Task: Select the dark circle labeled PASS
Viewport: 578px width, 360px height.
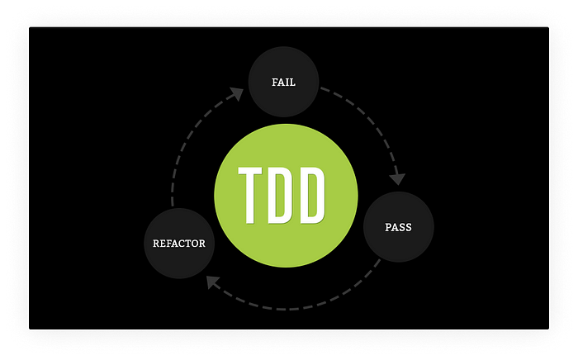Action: click(x=399, y=226)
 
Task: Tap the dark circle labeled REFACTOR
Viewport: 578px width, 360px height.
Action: click(x=179, y=244)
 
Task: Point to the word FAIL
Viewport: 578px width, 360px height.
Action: click(x=283, y=83)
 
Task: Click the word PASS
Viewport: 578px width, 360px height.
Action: click(x=399, y=226)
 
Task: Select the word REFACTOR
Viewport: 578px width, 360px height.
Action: click(x=179, y=244)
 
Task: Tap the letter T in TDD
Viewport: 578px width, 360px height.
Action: click(x=250, y=195)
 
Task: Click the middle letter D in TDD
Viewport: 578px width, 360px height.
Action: click(x=282, y=195)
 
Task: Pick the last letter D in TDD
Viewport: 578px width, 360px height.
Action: click(x=313, y=195)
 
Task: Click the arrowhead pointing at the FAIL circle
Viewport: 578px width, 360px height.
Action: click(x=236, y=93)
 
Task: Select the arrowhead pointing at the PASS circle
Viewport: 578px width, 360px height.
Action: click(x=397, y=178)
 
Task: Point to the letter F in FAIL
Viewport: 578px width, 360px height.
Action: click(x=274, y=83)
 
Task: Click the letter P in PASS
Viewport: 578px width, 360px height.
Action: click(x=388, y=226)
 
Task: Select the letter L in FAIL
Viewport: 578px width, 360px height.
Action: click(x=293, y=83)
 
